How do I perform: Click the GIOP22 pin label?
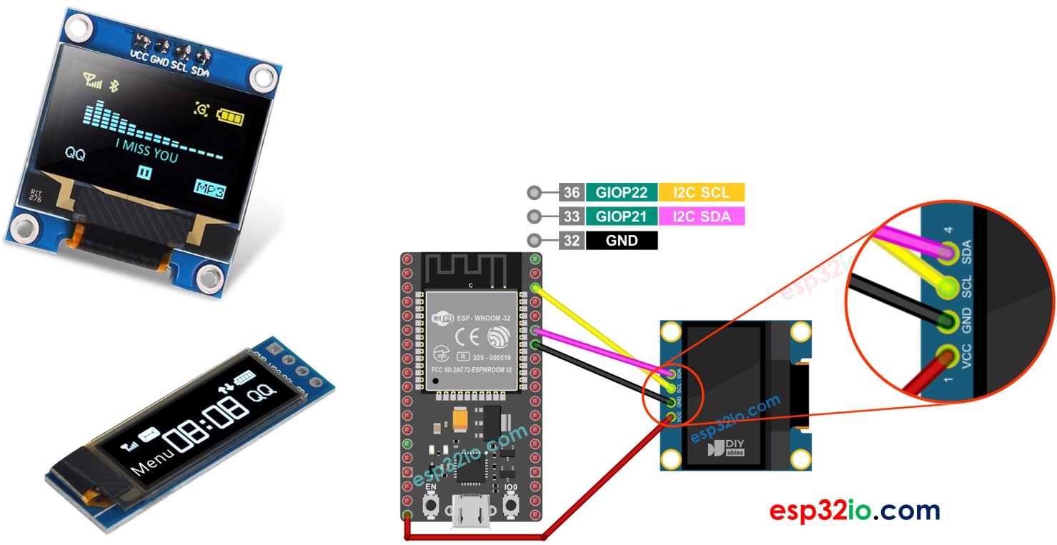(621, 192)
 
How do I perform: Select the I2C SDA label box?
(701, 216)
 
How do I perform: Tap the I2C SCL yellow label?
(701, 192)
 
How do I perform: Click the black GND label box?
(621, 241)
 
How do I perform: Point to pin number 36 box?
(572, 192)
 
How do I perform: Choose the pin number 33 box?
(572, 216)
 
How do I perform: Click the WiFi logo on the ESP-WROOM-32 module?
(443, 316)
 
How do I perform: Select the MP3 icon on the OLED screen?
(212, 190)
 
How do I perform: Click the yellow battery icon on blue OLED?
(230, 115)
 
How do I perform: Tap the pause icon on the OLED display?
(144, 172)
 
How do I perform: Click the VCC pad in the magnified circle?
(948, 355)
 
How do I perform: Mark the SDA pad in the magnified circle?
(950, 251)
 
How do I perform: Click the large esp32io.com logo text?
(854, 511)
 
